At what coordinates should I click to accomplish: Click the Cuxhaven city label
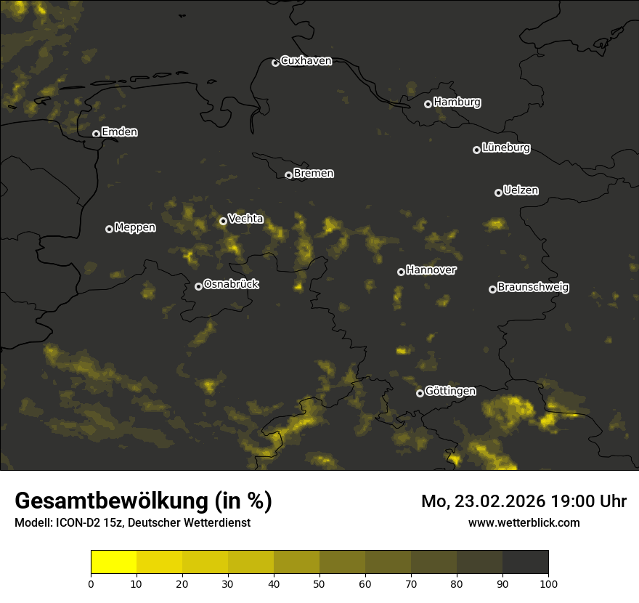pos(306,61)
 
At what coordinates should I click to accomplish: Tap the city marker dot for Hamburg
pos(428,104)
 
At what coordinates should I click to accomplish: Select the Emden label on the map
pos(119,132)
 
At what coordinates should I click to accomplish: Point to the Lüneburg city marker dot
pos(476,150)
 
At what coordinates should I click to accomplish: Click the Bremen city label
pos(314,174)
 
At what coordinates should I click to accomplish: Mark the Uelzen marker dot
pos(498,193)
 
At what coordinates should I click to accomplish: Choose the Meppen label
pos(135,227)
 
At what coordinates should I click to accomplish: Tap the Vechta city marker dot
pos(223,221)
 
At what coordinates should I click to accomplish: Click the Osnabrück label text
pos(231,284)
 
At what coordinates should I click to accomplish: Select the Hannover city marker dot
pos(401,272)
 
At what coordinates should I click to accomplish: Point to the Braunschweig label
pos(533,288)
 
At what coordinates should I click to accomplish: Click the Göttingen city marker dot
pos(420,393)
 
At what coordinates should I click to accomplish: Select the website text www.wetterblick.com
pos(524,522)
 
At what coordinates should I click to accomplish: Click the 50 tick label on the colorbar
pos(319,583)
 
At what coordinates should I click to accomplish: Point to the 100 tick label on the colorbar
pos(548,583)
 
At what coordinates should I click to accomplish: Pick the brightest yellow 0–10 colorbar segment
pos(114,562)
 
